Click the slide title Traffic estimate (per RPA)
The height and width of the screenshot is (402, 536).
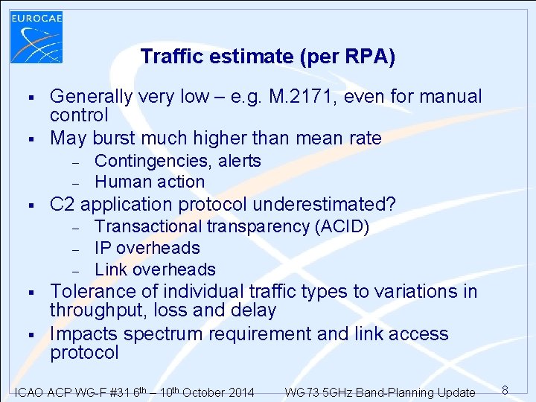[267, 57]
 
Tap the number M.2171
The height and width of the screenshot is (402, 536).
[328, 97]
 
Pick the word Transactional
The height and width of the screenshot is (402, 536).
[148, 226]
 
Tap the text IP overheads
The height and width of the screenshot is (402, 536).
[147, 248]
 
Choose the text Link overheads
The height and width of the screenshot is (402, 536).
[155, 269]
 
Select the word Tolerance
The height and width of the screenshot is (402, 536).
[92, 291]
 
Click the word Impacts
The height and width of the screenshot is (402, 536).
[83, 334]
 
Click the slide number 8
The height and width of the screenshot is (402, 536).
[505, 390]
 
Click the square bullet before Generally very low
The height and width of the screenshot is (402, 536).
[31, 97]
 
